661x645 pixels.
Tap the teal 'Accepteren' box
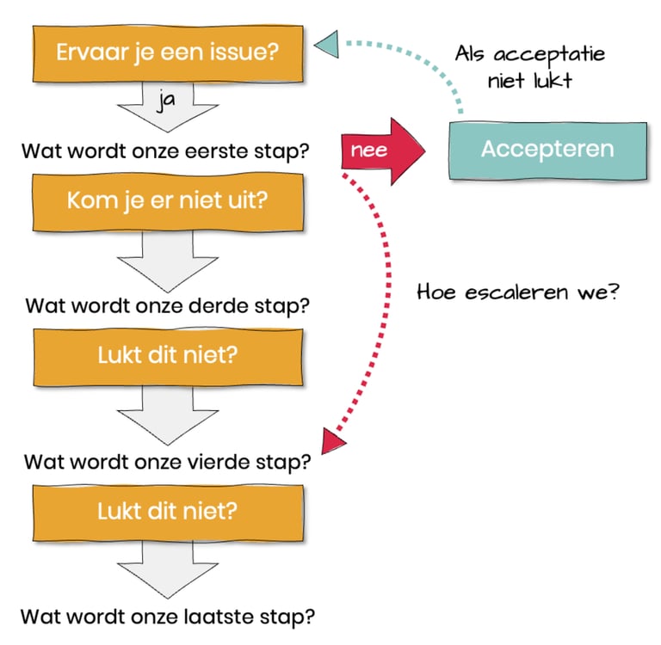547,149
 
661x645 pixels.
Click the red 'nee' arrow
384,149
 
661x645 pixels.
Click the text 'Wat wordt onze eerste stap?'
166,150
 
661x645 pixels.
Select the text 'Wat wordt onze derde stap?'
169,305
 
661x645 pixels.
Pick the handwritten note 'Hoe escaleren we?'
519,292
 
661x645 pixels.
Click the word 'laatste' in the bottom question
215,617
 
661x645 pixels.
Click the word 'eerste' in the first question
215,150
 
